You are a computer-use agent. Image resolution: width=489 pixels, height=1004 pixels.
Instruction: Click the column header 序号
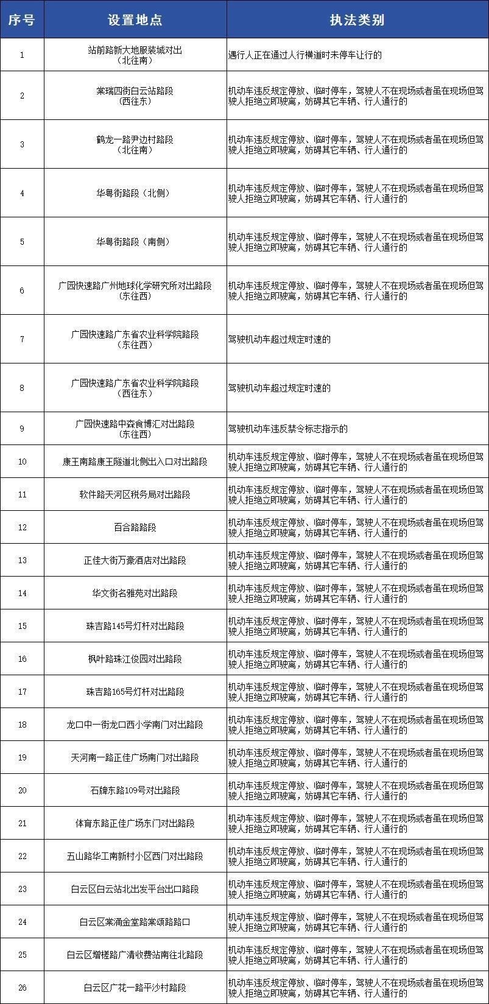click(x=22, y=19)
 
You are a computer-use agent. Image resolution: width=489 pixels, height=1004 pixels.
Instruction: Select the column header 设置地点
click(x=135, y=19)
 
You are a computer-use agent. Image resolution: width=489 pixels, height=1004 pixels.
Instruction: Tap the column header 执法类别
click(x=357, y=19)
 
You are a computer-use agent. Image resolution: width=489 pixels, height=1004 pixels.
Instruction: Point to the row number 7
click(x=22, y=339)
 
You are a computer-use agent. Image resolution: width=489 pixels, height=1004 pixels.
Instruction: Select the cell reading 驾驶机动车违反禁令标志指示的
click(x=287, y=429)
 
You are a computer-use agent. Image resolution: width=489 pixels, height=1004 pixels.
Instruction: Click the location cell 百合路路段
click(x=135, y=527)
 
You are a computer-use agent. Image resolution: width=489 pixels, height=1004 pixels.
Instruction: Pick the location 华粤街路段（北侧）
click(x=135, y=193)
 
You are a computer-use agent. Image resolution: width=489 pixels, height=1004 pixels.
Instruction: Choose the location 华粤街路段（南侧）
click(x=135, y=242)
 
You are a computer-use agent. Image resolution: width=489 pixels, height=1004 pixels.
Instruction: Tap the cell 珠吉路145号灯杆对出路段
click(x=135, y=626)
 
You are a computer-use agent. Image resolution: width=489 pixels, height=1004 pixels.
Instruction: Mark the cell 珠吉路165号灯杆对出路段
click(x=135, y=692)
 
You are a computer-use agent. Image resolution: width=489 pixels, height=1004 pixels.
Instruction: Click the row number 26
click(x=22, y=988)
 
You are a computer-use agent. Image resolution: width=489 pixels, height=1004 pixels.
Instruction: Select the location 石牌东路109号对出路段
click(x=135, y=790)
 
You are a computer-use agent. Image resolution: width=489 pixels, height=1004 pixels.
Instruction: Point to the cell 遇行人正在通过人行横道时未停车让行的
click(x=304, y=55)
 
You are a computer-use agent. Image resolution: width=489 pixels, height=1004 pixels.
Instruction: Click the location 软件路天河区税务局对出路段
click(x=135, y=494)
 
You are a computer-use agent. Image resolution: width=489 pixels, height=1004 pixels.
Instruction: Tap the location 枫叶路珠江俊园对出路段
click(x=135, y=659)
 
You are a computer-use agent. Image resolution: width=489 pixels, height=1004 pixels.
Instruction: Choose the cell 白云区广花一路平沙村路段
click(x=135, y=988)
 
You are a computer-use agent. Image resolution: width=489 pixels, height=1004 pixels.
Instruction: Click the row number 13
click(x=22, y=560)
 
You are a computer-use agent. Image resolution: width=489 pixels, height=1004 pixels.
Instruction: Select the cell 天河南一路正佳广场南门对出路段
click(x=135, y=757)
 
